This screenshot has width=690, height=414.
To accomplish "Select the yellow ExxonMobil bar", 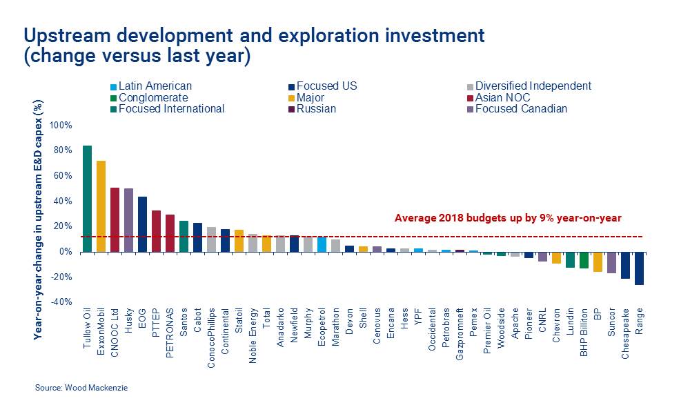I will (x=101, y=206).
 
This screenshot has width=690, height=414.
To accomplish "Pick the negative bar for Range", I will (x=639, y=268).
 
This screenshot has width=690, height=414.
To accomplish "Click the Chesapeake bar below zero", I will (x=625, y=265).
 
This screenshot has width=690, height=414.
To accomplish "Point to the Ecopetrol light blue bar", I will (x=322, y=244).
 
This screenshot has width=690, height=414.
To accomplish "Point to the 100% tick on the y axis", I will (x=60, y=126).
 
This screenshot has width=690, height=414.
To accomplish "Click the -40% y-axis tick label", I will (x=60, y=302).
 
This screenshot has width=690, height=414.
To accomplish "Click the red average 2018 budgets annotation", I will (x=508, y=218).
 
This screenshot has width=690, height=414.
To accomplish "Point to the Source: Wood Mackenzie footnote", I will (x=81, y=388).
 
